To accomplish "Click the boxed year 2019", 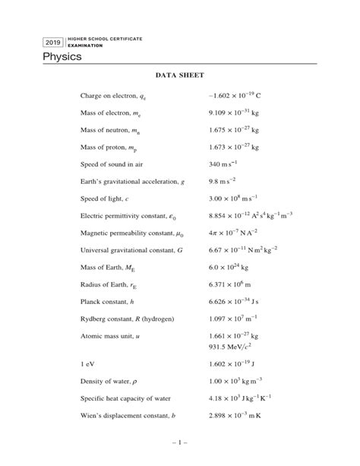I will click(53, 42).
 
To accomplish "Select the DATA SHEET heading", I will click(180, 76).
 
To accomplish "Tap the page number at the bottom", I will click(179, 442).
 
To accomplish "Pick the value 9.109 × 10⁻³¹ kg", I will click(235, 113).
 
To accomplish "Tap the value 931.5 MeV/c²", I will click(234, 341).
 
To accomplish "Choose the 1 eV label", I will click(89, 363).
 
